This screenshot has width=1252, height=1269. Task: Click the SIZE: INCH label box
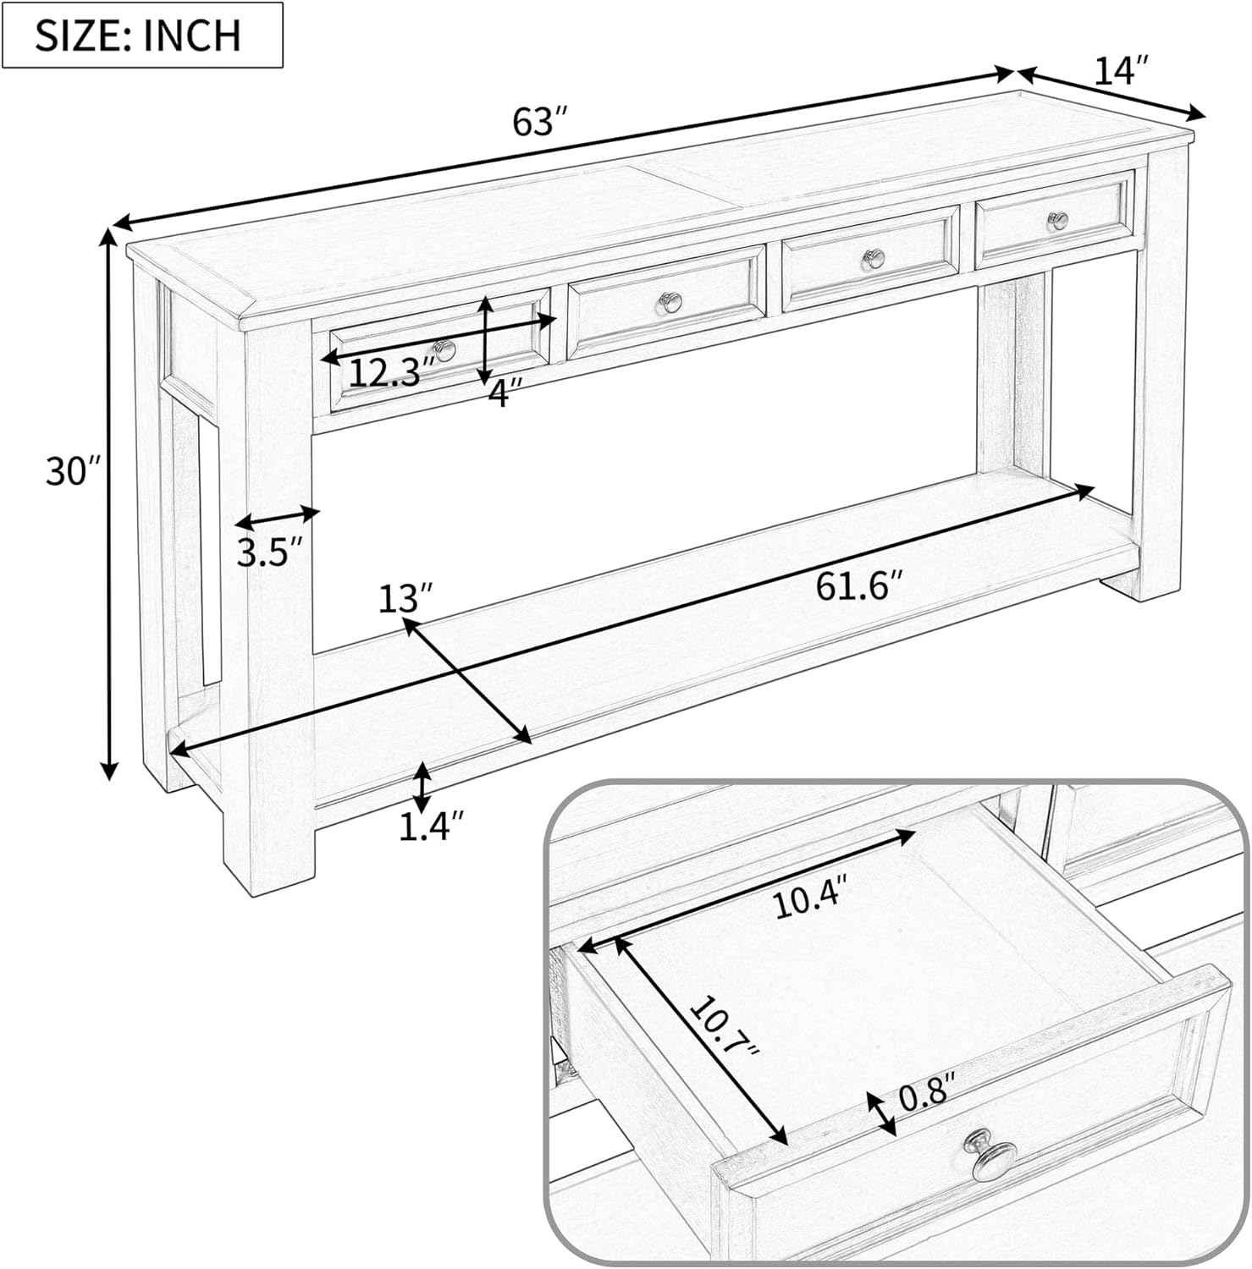pos(142,36)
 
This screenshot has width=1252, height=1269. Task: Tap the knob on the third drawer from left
pos(873,258)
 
